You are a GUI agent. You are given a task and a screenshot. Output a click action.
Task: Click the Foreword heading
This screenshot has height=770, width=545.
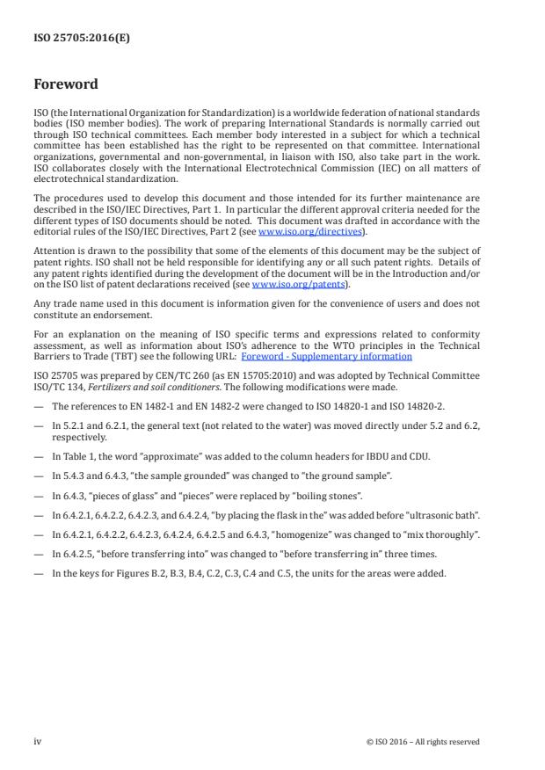click(x=66, y=85)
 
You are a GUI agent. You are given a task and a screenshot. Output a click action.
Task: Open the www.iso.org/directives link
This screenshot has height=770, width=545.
click(x=298, y=231)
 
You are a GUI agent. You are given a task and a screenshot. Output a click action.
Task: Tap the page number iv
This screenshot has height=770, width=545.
click(x=38, y=741)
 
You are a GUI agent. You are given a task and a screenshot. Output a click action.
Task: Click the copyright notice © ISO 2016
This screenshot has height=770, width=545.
click(x=423, y=742)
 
